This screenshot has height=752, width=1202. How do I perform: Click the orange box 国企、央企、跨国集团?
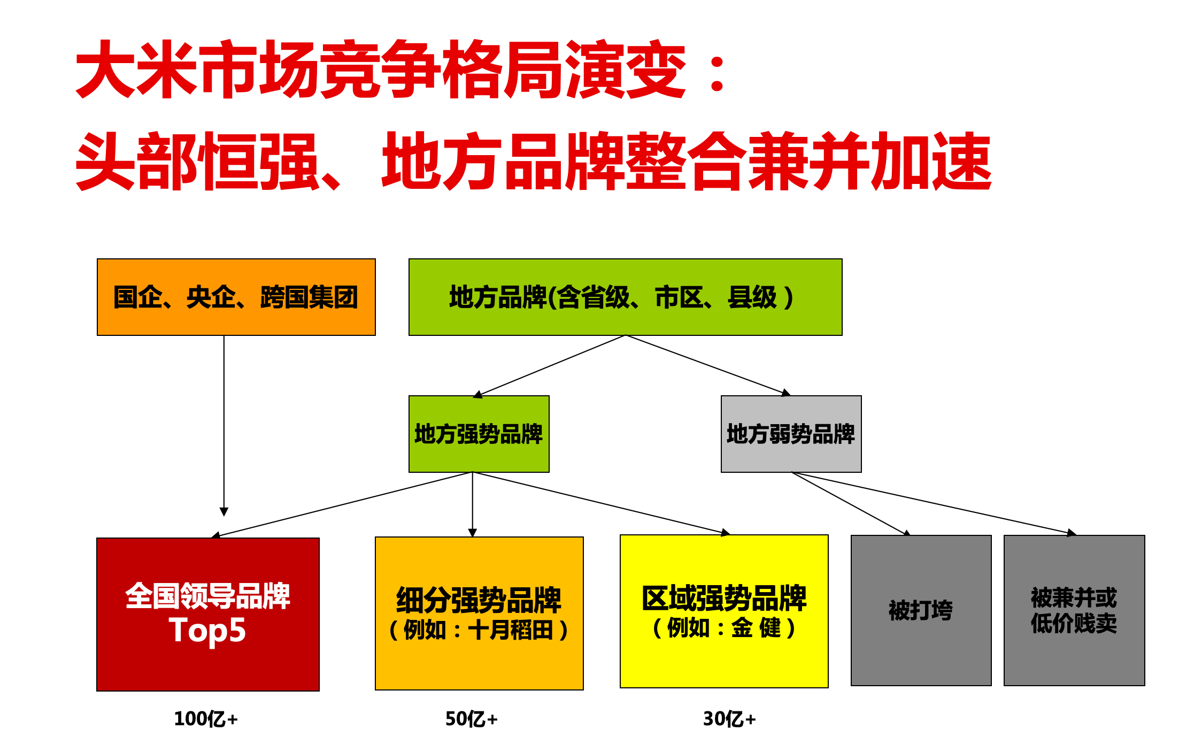(x=236, y=297)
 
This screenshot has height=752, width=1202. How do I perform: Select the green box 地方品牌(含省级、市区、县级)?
(x=625, y=297)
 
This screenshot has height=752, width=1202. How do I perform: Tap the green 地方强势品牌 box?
(x=479, y=434)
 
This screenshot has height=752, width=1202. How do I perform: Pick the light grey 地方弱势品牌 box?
(x=791, y=434)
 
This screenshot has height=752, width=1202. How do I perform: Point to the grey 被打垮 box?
(x=921, y=610)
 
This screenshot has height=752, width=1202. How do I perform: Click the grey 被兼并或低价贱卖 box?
(x=1074, y=610)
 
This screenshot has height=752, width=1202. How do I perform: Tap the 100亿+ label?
(x=206, y=719)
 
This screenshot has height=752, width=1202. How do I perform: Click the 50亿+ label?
(x=472, y=719)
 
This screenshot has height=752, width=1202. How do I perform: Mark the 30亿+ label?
(x=729, y=719)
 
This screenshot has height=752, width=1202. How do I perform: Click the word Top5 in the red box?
(x=207, y=630)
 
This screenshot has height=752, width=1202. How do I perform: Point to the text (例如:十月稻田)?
(x=479, y=630)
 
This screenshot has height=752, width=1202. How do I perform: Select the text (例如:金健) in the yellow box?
(x=724, y=628)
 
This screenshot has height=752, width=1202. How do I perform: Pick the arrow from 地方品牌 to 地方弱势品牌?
(x=706, y=365)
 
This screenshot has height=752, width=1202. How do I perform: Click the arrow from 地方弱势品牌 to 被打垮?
(x=850, y=504)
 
